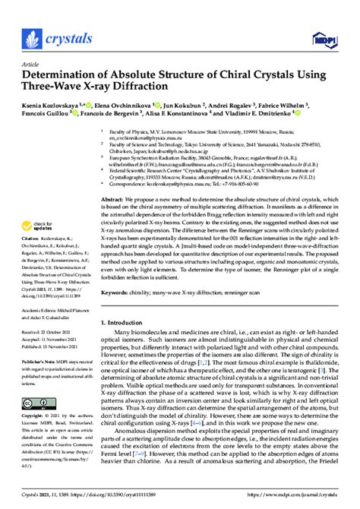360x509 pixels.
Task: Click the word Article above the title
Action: point(30,65)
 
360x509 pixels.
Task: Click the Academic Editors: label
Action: point(40,311)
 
